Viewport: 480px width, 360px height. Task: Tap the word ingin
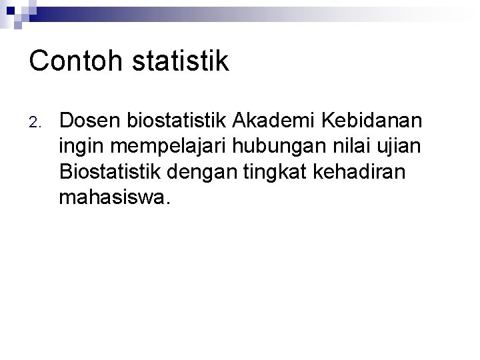click(77, 147)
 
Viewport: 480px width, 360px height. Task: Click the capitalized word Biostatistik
click(112, 171)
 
